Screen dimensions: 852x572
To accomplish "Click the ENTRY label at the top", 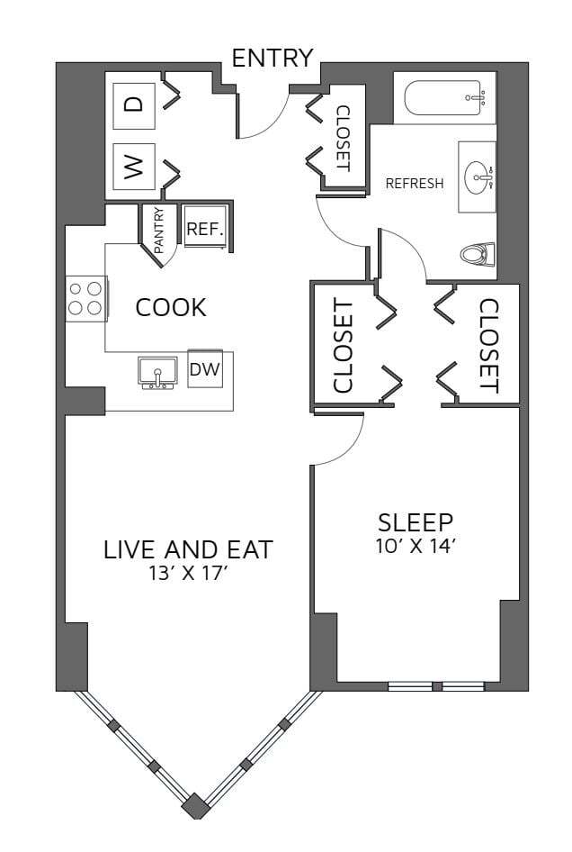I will click(x=272, y=59).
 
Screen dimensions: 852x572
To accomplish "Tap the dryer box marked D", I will click(x=133, y=104).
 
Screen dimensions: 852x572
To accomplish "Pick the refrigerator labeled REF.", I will click(x=204, y=230).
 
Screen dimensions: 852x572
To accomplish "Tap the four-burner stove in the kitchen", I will click(x=85, y=299).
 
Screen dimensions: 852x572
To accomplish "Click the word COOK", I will click(x=171, y=308).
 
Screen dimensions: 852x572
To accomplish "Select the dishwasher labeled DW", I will click(x=205, y=368).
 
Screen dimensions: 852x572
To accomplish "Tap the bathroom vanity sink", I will click(x=477, y=177).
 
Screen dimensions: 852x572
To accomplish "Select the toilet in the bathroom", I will click(x=478, y=255).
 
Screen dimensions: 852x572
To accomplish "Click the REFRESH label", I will click(x=415, y=184).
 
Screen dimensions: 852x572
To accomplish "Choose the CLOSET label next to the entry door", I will click(x=343, y=139).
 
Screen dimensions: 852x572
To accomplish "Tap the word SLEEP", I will click(x=416, y=522).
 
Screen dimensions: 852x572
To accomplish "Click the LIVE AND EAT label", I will click(x=189, y=549).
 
